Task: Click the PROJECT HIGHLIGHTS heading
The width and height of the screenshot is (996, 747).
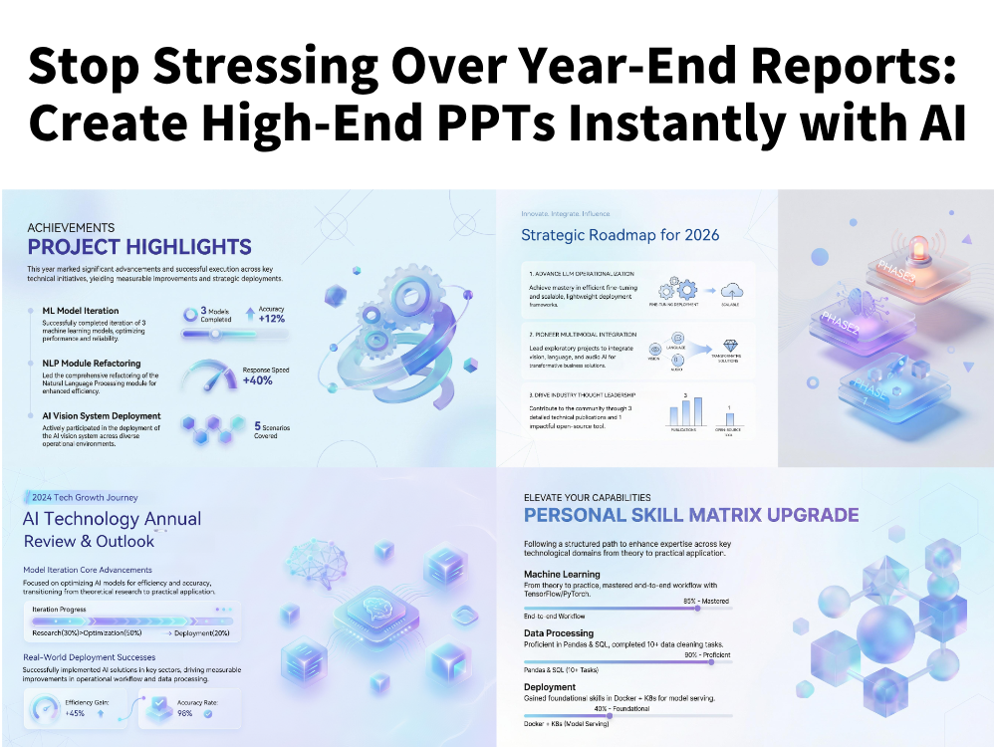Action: coord(138,247)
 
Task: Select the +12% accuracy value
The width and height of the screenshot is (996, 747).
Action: coord(272,319)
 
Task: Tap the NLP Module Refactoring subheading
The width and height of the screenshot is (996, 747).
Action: coord(91,364)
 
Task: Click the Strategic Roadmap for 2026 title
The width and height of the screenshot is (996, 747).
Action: coord(620,235)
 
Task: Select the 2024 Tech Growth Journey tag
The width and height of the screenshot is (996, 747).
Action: coord(85,497)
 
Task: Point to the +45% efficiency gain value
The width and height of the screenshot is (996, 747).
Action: coord(74,713)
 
